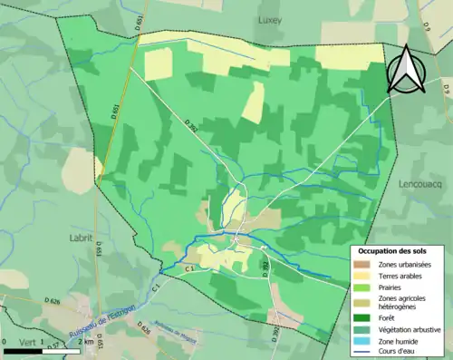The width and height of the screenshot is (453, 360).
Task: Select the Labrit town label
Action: [x=81, y=238]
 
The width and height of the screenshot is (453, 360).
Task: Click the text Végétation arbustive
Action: [x=410, y=327]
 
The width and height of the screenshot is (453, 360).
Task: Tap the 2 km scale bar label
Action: [x=88, y=343]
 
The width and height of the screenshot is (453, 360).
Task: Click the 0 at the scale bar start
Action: [x=5, y=343]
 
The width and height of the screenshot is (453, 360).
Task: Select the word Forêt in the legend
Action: [x=390, y=316]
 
